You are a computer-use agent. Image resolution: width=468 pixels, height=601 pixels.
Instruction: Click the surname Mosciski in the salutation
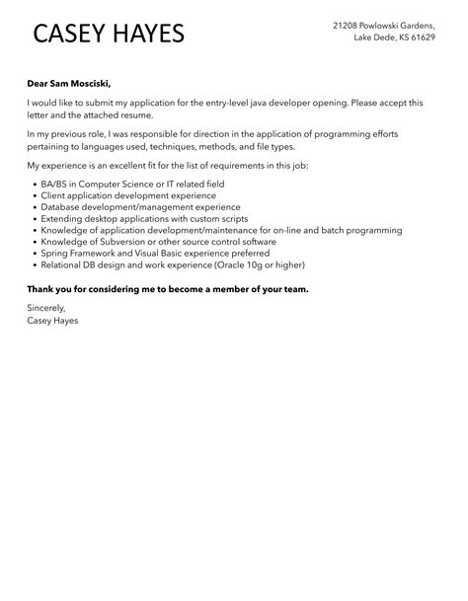102,84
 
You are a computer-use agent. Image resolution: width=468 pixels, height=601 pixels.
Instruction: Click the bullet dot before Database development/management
34,207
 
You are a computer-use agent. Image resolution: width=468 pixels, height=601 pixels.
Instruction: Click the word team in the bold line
294,289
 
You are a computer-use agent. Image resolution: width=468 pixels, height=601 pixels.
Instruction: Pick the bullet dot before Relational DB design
34,264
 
